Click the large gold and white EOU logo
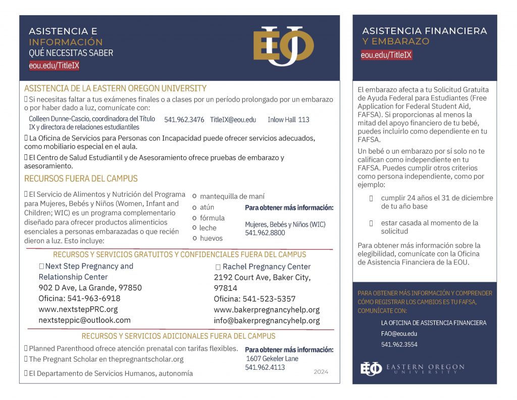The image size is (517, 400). click(283, 46)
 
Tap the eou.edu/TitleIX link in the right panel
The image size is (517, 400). click(386, 55)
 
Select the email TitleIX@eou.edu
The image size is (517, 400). click(233, 120)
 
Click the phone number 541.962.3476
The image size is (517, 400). click(184, 120)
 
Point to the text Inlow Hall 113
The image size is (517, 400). click(288, 120)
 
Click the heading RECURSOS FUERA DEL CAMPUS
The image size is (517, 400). click(81, 179)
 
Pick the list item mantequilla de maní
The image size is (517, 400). click(232, 196)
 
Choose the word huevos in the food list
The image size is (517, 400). click(211, 238)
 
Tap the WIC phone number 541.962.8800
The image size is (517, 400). click(265, 233)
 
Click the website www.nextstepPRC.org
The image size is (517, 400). click(78, 309)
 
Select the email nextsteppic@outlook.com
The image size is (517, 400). click(84, 320)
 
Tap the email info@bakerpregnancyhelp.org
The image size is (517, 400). click(267, 321)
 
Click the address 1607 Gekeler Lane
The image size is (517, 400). click(272, 359)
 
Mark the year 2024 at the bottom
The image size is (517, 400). click(321, 372)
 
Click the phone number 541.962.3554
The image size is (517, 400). click(399, 345)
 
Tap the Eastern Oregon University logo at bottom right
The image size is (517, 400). click(412, 369)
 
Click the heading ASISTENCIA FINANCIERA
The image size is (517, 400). click(425, 31)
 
